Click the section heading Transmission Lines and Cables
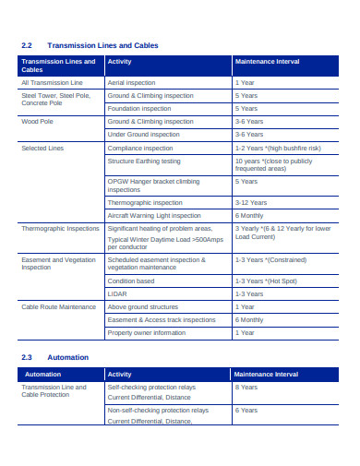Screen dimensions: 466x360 [102, 45]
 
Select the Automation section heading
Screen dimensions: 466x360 [67, 357]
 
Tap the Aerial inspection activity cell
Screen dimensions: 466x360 [132, 82]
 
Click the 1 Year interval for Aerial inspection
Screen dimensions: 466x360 [246, 82]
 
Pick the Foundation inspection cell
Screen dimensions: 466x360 [139, 108]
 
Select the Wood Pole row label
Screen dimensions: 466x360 [38, 121]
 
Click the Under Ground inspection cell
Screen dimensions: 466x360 [143, 134]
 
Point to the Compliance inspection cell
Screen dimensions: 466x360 [140, 148]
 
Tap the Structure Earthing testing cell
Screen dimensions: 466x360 [146, 161]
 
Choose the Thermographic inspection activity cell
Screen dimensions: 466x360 [144, 202]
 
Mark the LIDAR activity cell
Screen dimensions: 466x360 [117, 293]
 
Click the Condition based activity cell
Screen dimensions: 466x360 [131, 281]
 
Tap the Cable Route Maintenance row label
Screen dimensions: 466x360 [54, 306]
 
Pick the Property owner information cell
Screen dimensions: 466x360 [147, 332]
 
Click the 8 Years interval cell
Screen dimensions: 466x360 [246, 388]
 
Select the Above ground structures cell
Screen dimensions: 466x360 [142, 306]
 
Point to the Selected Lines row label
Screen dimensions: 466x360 [43, 148]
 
